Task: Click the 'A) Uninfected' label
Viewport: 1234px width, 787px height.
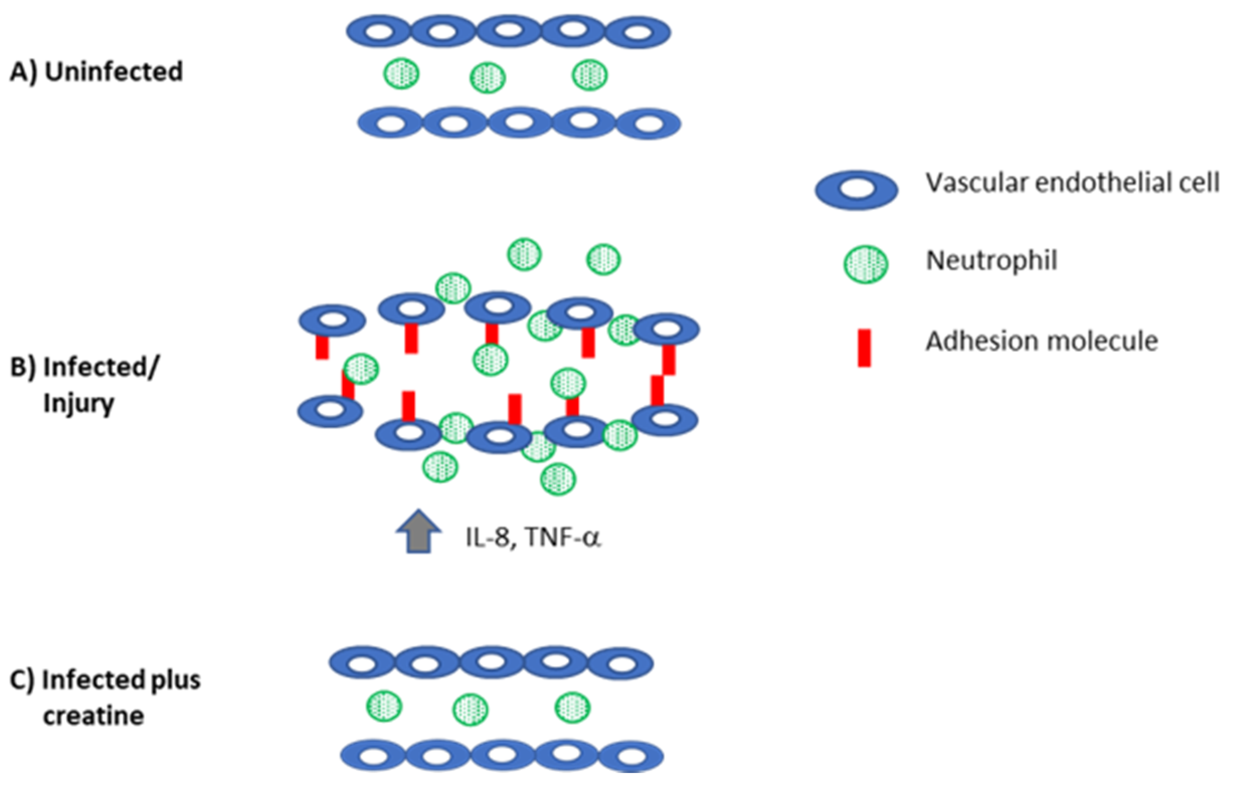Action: pyautogui.click(x=97, y=71)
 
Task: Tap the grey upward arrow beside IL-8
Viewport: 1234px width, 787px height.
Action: pyautogui.click(x=419, y=532)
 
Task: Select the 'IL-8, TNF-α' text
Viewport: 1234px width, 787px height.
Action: pyautogui.click(x=533, y=538)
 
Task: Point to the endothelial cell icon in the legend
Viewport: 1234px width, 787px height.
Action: pyautogui.click(x=857, y=189)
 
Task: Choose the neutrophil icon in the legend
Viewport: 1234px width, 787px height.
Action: pyautogui.click(x=866, y=264)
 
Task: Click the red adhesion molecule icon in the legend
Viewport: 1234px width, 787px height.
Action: pyautogui.click(x=865, y=348)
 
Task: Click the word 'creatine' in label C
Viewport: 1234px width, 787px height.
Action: pyautogui.click(x=93, y=716)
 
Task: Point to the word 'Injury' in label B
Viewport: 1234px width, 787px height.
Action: pyautogui.click(x=78, y=403)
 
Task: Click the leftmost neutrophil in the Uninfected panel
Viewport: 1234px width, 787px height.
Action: pyautogui.click(x=401, y=73)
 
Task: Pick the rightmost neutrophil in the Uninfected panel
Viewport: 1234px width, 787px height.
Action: pyautogui.click(x=590, y=75)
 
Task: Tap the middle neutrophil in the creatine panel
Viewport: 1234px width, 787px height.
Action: pyautogui.click(x=470, y=709)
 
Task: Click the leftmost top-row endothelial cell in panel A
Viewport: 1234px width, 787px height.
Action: pyautogui.click(x=378, y=32)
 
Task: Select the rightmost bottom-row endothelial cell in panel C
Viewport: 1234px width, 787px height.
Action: pyautogui.click(x=631, y=756)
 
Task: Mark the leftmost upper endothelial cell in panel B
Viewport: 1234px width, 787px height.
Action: pyautogui.click(x=333, y=320)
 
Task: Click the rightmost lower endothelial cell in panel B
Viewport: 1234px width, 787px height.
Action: pyautogui.click(x=665, y=420)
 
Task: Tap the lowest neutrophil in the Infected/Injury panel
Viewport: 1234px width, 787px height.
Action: pyautogui.click(x=558, y=478)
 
